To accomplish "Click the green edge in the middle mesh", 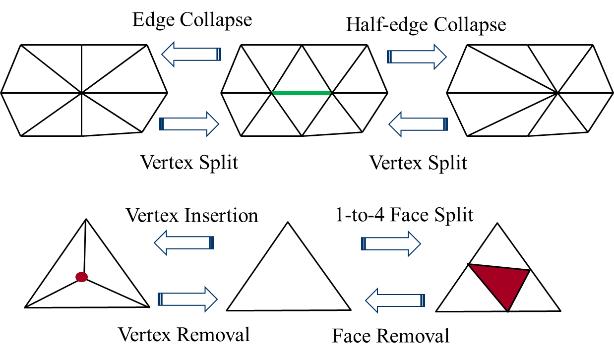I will [302, 93].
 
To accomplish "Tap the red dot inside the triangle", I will [81, 277].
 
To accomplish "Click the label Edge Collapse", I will [192, 19].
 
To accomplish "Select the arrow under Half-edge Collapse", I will [417, 55].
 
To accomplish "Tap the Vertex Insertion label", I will [192, 216].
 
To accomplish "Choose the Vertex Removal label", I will [184, 335].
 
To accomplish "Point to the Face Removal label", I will [391, 336].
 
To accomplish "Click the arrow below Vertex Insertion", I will [184, 243].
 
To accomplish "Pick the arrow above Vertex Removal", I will [188, 299].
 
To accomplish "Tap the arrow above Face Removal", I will [395, 299].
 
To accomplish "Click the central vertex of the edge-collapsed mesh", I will [81, 92].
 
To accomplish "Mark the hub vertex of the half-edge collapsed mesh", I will [557, 92].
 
